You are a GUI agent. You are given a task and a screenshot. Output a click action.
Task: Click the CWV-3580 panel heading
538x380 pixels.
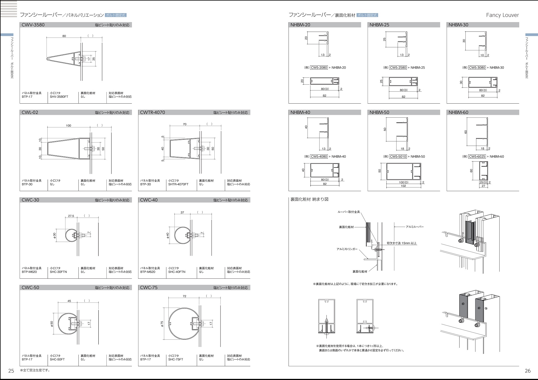click(33, 25)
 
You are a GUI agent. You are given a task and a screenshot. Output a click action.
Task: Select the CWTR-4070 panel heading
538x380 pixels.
click(152, 113)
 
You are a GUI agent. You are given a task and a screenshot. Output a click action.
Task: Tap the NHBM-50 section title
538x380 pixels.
click(379, 113)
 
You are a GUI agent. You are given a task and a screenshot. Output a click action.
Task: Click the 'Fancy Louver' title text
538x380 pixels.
click(502, 15)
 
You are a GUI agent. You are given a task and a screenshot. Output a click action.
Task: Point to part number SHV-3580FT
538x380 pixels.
click(59, 97)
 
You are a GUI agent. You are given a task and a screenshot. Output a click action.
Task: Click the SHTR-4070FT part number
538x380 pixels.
click(178, 184)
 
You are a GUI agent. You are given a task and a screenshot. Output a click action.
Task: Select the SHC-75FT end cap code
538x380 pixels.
click(176, 359)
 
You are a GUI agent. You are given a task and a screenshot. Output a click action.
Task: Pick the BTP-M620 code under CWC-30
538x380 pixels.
click(29, 272)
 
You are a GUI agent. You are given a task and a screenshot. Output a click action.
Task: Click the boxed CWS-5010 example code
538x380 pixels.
click(398, 157)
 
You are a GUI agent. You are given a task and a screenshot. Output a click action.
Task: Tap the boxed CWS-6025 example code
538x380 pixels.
click(477, 157)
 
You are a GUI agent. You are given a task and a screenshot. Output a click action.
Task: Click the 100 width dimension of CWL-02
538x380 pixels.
click(69, 126)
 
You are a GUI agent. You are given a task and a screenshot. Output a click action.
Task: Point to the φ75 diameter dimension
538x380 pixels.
click(162, 324)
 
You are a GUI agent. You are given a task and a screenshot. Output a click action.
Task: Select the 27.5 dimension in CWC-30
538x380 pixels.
click(71, 216)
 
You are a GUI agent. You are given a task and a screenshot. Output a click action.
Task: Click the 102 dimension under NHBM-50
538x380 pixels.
click(403, 186)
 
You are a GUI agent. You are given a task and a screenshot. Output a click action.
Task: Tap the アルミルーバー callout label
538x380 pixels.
click(415, 227)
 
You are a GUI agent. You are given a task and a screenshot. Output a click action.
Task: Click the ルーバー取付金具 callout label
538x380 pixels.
click(349, 212)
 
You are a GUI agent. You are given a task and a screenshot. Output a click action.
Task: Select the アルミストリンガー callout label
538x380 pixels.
click(347, 249)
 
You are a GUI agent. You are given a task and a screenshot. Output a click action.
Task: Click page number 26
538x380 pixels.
click(528, 371)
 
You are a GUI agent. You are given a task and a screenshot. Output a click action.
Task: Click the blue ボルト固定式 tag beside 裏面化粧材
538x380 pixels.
click(367, 15)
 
